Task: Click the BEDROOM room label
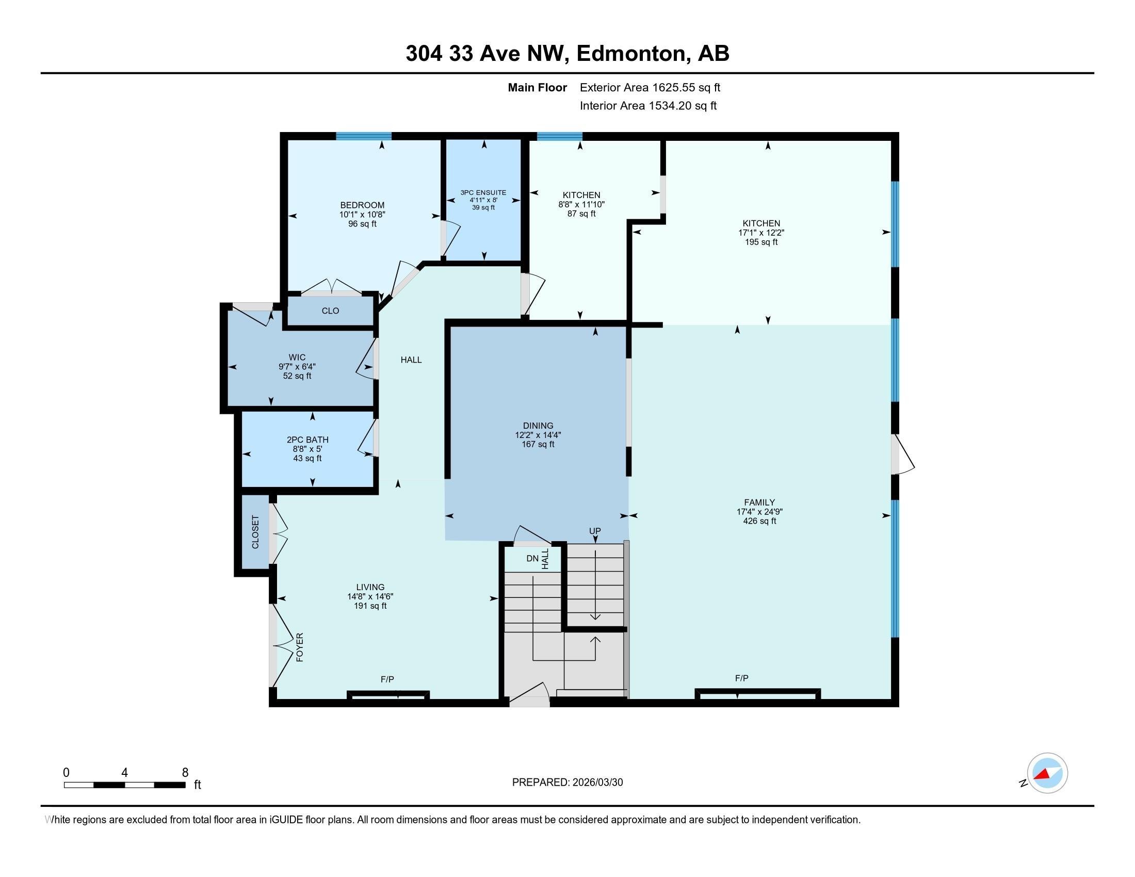tap(362, 205)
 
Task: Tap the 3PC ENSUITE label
tap(483, 193)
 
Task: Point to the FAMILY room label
tap(759, 502)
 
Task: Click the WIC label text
tap(297, 358)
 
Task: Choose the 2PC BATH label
tap(307, 440)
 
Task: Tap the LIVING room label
tap(370, 587)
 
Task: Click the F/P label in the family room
tap(741, 678)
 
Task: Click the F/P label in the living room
tap(387, 679)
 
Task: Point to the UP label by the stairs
tap(594, 531)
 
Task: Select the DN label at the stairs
tap(532, 559)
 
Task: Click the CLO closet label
tap(330, 311)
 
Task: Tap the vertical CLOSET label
tap(255, 531)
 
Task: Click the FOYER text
tap(300, 647)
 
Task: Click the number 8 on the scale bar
tap(185, 773)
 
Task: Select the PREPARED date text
tap(567, 783)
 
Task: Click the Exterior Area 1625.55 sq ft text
tap(650, 88)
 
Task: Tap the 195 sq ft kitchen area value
tap(761, 242)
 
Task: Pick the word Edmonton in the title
tap(630, 54)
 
